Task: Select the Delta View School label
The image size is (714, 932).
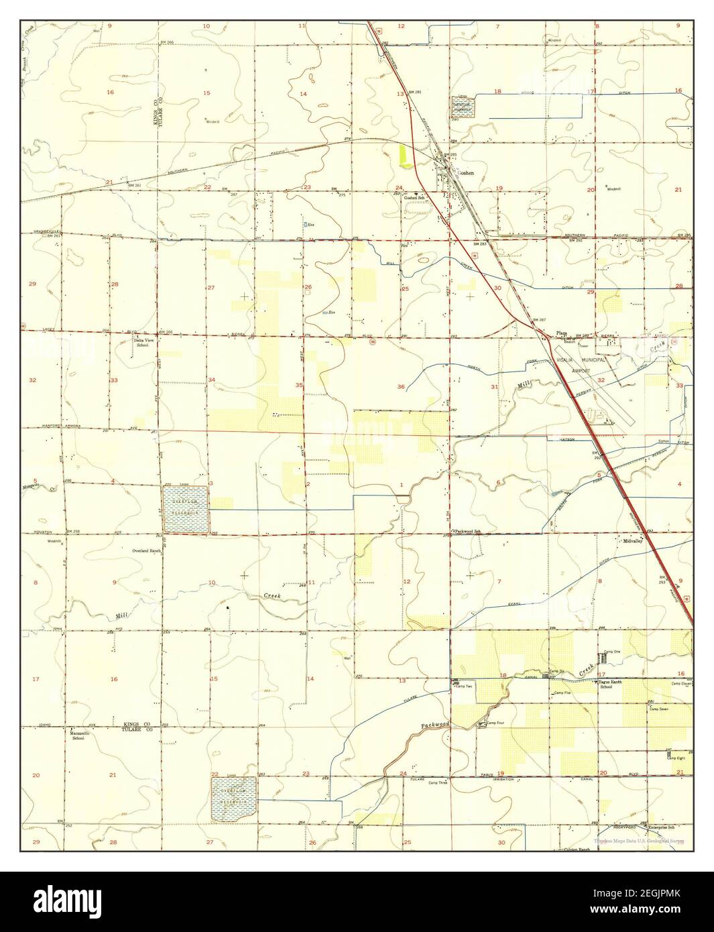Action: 141,343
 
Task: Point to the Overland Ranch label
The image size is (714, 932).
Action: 146,550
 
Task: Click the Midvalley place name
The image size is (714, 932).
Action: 632,540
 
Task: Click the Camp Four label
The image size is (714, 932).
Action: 495,723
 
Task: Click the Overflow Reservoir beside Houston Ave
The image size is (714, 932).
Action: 185,510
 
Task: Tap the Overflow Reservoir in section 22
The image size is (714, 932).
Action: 233,799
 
